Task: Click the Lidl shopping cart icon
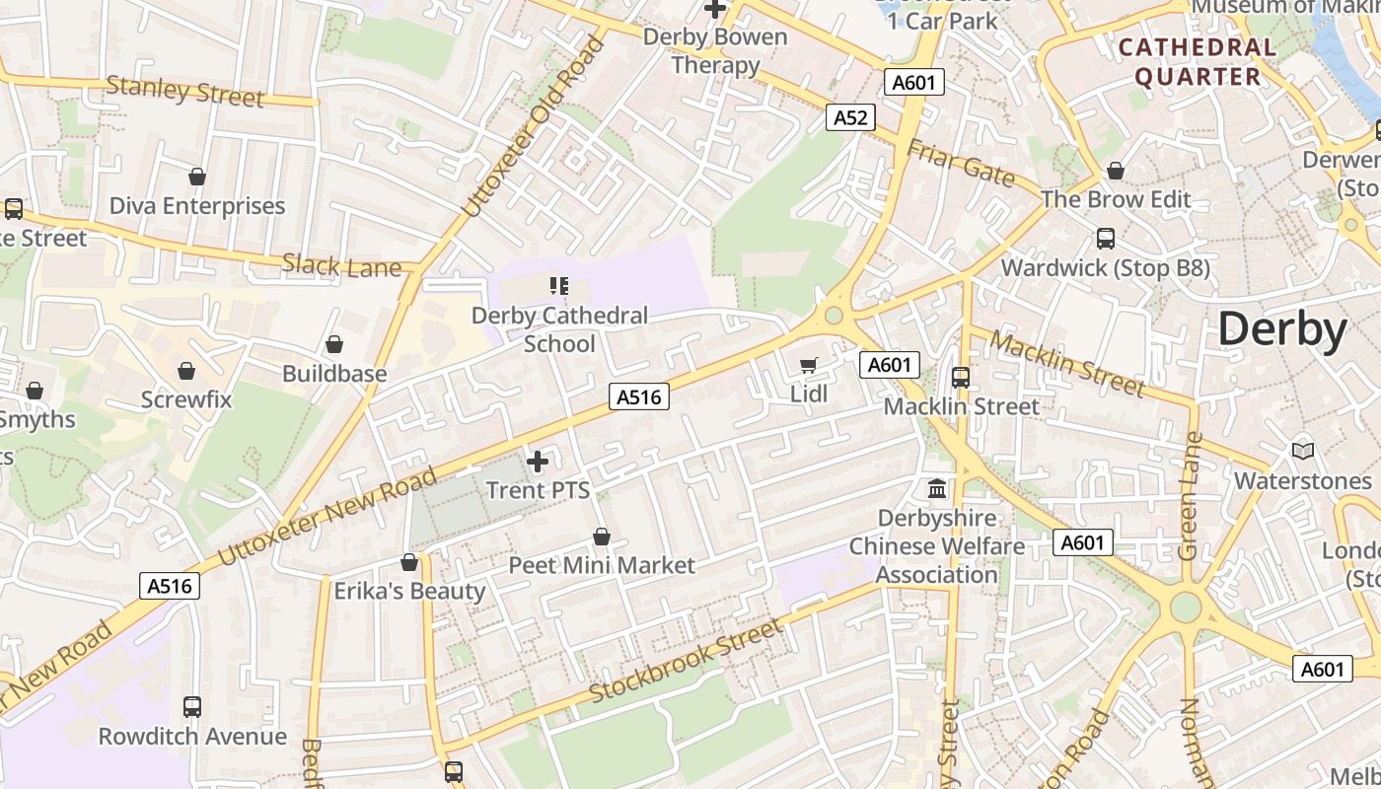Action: (x=809, y=366)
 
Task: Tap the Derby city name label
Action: (x=1281, y=329)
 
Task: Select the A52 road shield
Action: (x=850, y=118)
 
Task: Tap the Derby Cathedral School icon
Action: (x=559, y=287)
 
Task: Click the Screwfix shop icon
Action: (x=186, y=371)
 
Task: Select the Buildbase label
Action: (x=334, y=374)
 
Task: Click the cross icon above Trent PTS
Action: (x=538, y=462)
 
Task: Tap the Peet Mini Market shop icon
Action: (x=602, y=537)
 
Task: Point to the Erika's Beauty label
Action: (x=409, y=591)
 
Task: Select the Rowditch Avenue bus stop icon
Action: (x=192, y=707)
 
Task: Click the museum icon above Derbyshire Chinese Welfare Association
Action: (x=937, y=488)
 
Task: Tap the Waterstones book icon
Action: (x=1303, y=451)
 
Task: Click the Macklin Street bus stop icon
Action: (x=961, y=377)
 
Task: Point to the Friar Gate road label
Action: (x=960, y=163)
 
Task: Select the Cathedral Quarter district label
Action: (x=1197, y=61)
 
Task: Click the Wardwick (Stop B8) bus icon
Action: (x=1106, y=239)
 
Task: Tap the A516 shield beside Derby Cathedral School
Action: (x=639, y=396)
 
